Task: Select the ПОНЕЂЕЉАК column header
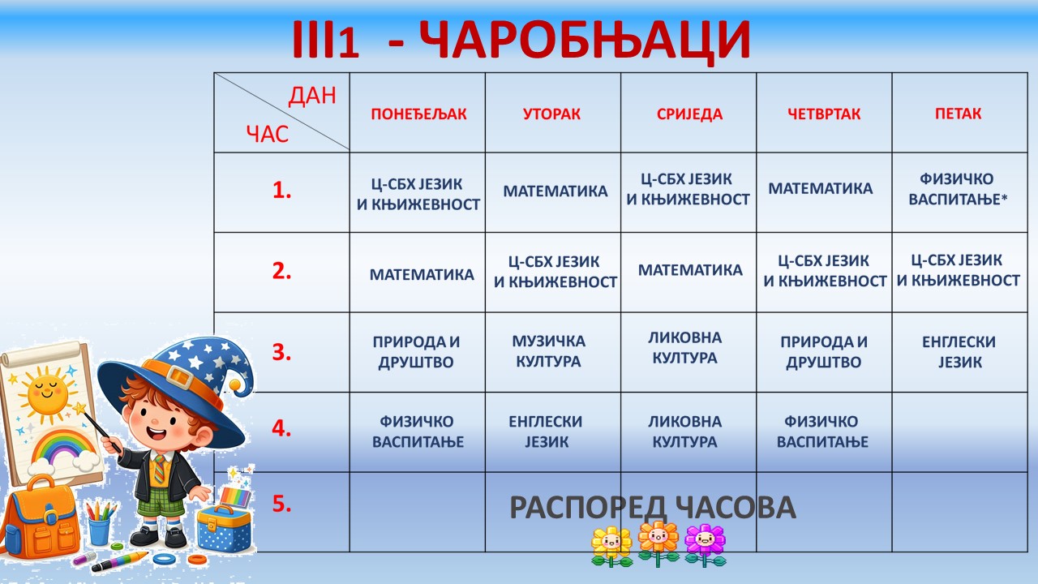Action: tap(418, 114)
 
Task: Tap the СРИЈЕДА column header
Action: tap(689, 114)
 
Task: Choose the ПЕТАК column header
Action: tap(958, 114)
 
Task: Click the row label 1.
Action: tap(281, 191)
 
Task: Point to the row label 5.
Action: tap(281, 504)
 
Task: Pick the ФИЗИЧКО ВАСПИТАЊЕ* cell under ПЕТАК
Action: tap(958, 189)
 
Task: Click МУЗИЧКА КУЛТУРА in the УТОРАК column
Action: tap(549, 351)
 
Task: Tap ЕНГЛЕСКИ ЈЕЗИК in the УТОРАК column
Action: tap(546, 432)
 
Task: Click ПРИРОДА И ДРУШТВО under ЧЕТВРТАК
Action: tap(824, 352)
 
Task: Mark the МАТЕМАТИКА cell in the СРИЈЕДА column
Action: tap(690, 271)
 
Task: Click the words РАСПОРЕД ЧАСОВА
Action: tap(653, 508)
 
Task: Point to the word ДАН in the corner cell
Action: tap(312, 97)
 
